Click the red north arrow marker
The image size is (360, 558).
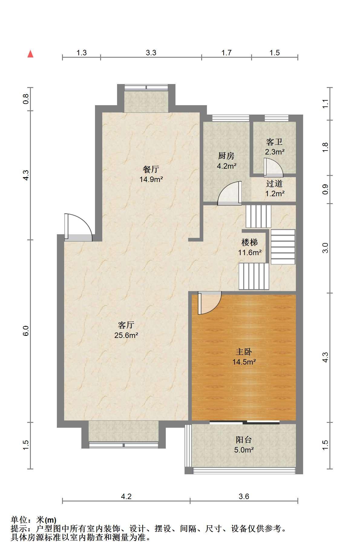(30, 54)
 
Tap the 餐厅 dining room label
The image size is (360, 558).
(151, 169)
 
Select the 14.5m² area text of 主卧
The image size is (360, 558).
(244, 362)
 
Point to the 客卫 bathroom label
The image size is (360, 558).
(274, 142)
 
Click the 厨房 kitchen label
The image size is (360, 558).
(226, 156)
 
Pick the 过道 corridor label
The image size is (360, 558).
(274, 183)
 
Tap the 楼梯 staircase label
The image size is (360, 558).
(250, 242)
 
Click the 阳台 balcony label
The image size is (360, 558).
(244, 440)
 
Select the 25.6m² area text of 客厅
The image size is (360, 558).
(126, 335)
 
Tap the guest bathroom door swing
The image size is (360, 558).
(273, 167)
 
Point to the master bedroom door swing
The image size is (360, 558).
(210, 303)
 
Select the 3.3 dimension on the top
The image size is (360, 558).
(151, 53)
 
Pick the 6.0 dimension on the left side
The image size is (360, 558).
(26, 331)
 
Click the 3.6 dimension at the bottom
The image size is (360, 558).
(244, 496)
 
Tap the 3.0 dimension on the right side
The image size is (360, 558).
(325, 248)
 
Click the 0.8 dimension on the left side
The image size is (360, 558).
(26, 99)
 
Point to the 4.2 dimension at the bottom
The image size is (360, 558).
(126, 496)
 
